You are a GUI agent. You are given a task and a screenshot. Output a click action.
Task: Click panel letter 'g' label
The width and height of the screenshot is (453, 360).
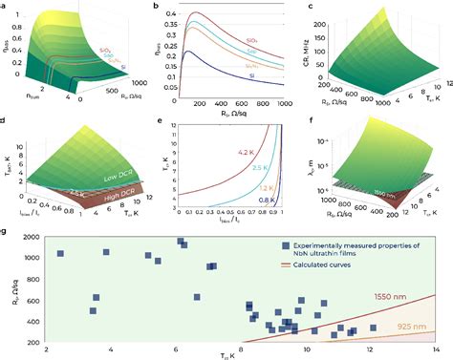point(5,231)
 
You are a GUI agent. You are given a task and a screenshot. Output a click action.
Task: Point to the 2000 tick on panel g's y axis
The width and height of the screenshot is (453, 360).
point(32,238)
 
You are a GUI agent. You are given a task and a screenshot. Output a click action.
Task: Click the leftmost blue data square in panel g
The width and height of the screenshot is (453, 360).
point(60,254)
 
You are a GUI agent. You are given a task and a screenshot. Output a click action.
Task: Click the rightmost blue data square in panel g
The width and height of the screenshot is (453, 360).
point(374,328)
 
